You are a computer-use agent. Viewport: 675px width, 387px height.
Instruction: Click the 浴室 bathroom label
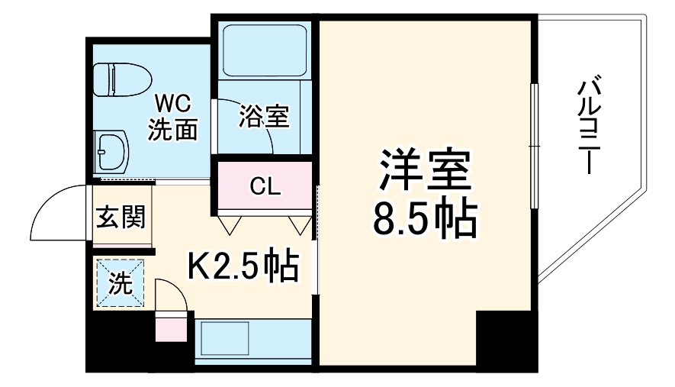click(x=263, y=116)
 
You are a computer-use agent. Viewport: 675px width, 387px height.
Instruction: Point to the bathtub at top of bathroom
click(x=262, y=49)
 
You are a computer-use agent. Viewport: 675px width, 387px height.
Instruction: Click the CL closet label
click(x=265, y=185)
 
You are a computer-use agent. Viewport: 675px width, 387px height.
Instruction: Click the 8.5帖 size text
click(x=424, y=219)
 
